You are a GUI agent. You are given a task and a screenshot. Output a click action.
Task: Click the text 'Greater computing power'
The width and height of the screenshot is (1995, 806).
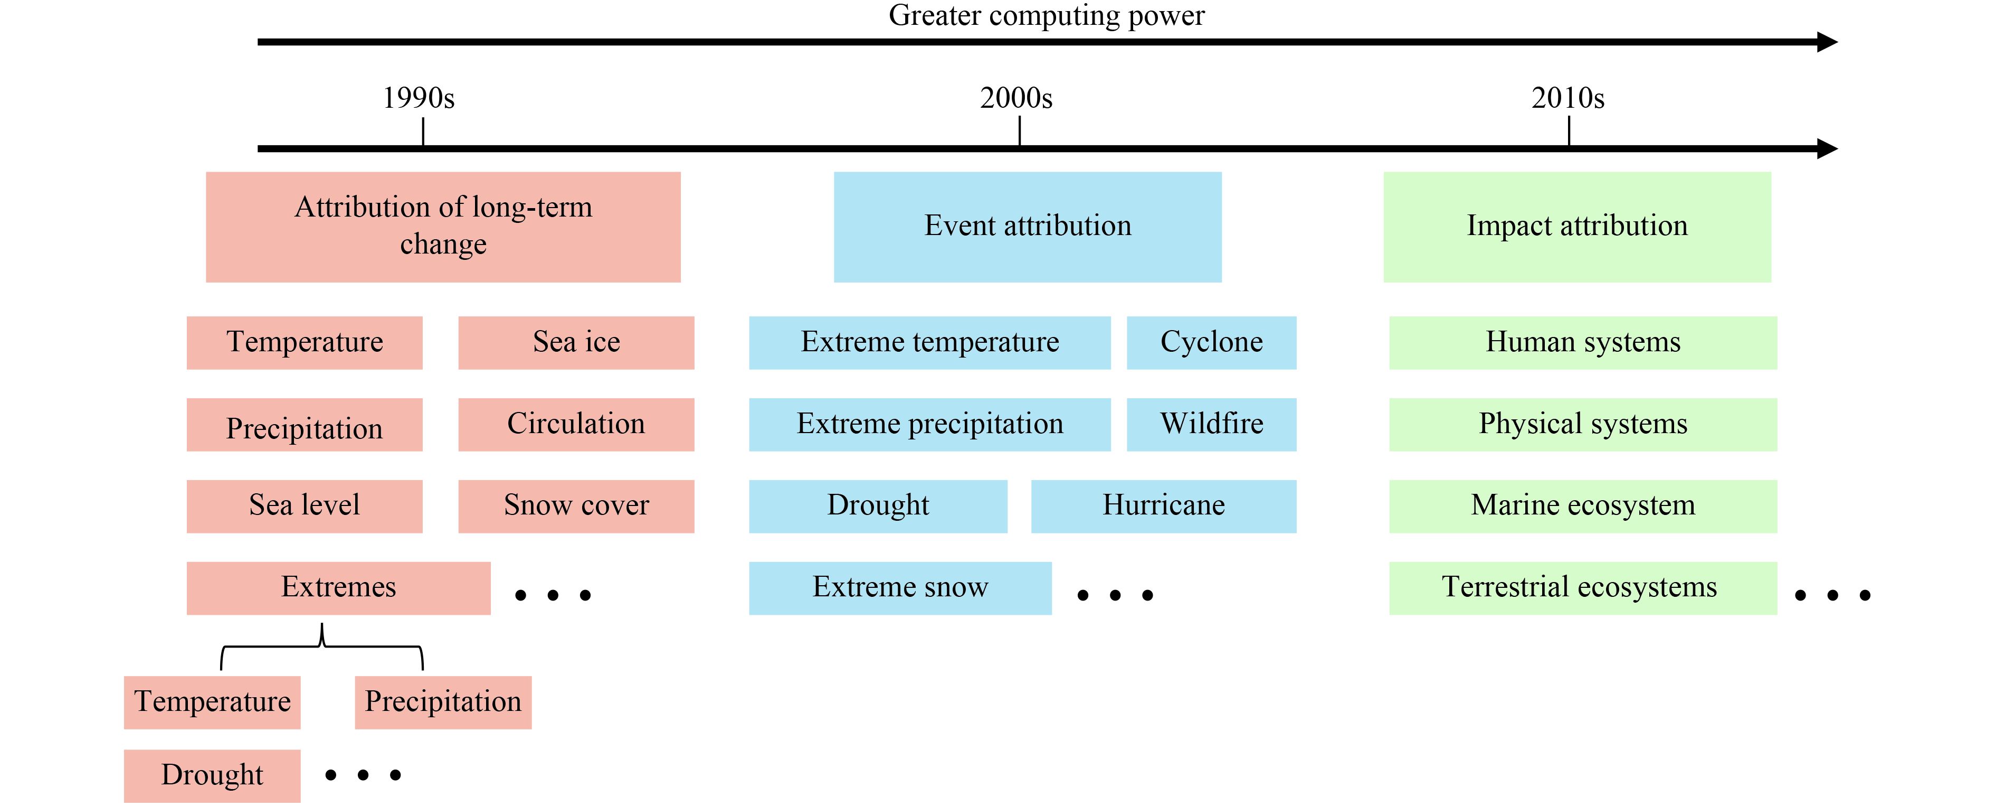(x=1046, y=15)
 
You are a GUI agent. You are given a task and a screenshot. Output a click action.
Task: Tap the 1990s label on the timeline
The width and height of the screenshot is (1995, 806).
(x=419, y=98)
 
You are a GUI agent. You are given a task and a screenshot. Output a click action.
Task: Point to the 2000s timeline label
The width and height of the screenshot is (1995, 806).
(x=1016, y=98)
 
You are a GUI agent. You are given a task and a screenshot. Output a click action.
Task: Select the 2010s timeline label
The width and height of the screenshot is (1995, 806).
(x=1568, y=98)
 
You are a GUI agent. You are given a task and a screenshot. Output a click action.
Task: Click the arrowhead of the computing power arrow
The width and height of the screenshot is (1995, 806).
(x=1828, y=42)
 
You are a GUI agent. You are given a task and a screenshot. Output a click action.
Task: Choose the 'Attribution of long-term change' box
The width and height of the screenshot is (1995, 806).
(x=443, y=227)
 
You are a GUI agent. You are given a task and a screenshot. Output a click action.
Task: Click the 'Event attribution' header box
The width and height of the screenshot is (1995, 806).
(x=1028, y=227)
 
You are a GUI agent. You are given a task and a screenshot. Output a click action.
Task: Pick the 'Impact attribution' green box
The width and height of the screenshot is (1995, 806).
(x=1578, y=227)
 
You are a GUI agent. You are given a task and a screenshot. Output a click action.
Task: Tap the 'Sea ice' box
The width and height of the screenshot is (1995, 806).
(x=576, y=343)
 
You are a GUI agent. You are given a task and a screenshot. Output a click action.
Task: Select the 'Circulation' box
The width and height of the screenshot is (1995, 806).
(x=576, y=425)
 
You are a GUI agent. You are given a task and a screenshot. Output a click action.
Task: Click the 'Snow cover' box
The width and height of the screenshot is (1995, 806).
(x=576, y=506)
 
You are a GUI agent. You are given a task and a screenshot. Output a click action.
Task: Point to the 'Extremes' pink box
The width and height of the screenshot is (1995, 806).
(x=338, y=588)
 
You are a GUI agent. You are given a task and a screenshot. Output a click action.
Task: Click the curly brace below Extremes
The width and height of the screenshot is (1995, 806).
(x=322, y=645)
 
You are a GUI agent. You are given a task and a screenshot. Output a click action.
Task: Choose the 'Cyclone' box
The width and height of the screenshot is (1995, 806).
(x=1211, y=343)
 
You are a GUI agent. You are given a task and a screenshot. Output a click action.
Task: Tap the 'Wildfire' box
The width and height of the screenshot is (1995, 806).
(x=1211, y=425)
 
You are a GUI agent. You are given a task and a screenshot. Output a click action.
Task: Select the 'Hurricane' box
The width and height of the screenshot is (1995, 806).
(x=1164, y=506)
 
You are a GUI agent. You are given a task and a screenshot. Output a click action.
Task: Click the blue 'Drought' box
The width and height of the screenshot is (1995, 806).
(x=878, y=506)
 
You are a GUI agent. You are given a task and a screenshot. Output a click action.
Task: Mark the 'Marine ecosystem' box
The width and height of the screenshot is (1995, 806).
(x=1583, y=506)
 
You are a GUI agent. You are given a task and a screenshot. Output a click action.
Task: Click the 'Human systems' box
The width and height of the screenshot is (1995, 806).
(x=1583, y=343)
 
